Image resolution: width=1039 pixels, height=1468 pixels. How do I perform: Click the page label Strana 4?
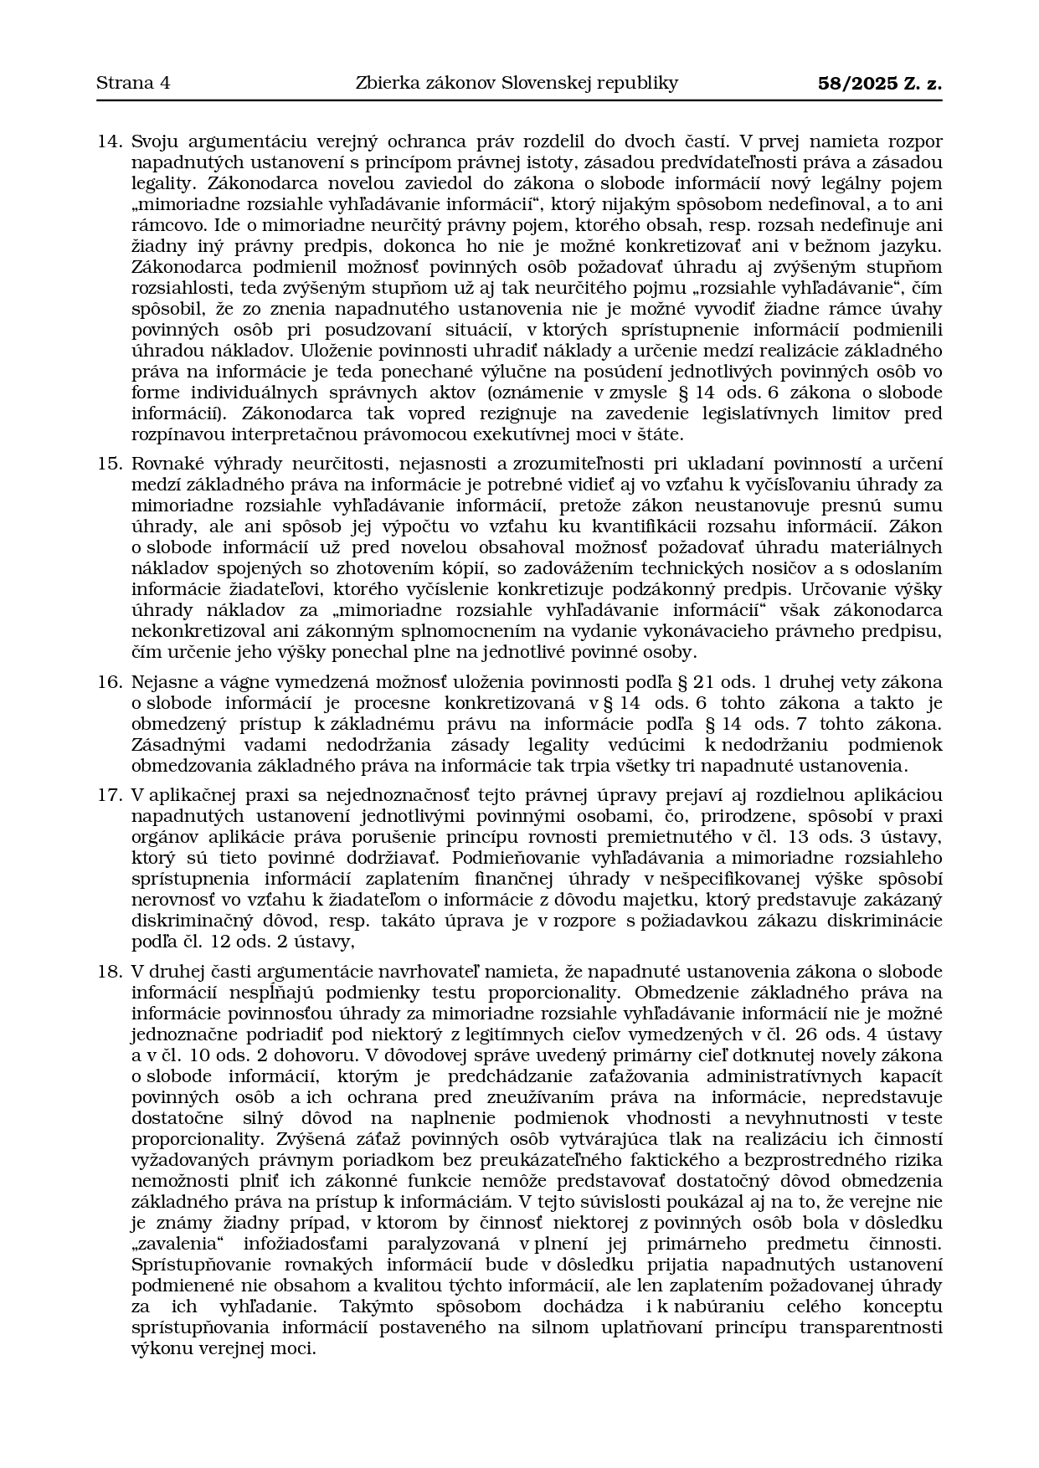click(133, 83)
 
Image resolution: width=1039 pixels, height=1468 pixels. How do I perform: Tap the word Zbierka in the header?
click(387, 83)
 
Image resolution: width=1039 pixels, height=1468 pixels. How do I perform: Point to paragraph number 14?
click(110, 141)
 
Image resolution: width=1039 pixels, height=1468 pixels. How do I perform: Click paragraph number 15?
click(110, 464)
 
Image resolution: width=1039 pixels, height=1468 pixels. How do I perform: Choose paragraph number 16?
click(110, 682)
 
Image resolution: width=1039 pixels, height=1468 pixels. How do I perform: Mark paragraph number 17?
click(110, 795)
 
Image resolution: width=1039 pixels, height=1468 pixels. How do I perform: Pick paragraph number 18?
click(110, 972)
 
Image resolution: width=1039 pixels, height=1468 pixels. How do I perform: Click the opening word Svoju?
click(154, 141)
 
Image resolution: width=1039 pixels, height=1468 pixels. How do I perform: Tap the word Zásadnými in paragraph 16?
click(172, 745)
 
